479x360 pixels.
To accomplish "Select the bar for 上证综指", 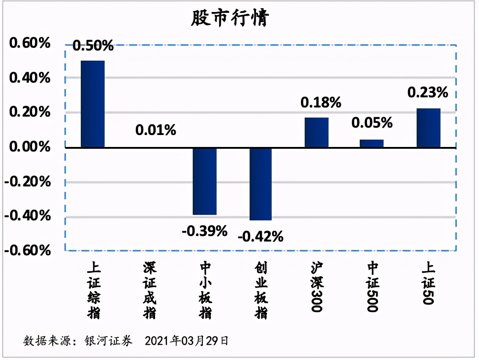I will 93,104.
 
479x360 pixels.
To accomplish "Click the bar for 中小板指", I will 205,181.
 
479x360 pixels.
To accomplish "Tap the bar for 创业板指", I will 260,184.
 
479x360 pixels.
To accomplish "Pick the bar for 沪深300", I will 317,132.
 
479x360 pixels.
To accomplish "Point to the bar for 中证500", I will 372,143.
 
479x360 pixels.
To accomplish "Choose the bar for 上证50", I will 429,128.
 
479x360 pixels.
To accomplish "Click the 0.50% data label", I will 93,45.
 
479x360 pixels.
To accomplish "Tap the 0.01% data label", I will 156,130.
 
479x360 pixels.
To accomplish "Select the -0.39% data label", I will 205,231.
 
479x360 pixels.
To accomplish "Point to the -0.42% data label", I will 260,237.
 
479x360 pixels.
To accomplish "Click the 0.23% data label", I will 428,93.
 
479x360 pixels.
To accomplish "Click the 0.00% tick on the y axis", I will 29,147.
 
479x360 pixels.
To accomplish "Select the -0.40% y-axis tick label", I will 27,216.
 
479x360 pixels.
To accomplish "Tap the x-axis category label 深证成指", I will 149,291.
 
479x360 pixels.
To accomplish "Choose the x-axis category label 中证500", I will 372,287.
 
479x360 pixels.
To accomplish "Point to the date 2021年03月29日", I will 186,341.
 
